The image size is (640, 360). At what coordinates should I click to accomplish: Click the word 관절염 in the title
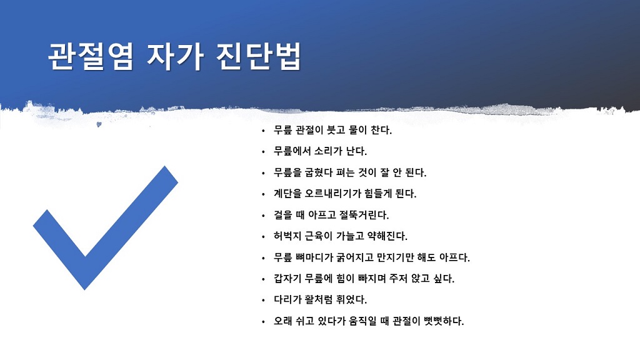(x=91, y=56)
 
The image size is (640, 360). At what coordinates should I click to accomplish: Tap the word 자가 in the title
(x=175, y=56)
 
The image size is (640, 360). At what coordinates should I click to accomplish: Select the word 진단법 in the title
(x=259, y=56)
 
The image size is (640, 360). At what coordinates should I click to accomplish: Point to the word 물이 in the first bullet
(x=357, y=130)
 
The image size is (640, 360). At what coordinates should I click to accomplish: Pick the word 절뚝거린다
(x=364, y=215)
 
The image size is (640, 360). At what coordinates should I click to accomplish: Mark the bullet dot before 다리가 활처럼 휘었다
(x=263, y=301)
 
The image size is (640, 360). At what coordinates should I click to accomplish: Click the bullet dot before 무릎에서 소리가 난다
(x=263, y=152)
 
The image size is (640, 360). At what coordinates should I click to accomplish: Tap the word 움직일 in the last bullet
(x=362, y=321)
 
